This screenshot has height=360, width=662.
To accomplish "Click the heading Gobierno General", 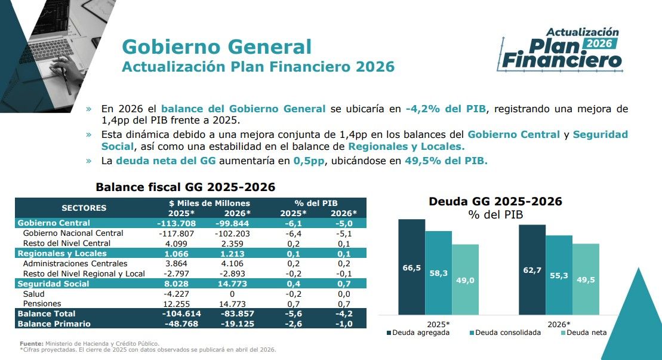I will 217,47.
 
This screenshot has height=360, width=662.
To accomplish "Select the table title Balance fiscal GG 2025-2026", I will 185,187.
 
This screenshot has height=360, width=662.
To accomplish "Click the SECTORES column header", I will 84,208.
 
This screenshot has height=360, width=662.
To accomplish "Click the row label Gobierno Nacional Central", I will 73,233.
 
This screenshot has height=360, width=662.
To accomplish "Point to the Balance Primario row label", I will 54,324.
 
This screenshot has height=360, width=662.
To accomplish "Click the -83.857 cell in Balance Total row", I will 233,313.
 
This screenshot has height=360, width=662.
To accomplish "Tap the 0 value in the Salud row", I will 233,294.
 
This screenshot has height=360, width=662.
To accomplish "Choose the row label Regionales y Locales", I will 62,253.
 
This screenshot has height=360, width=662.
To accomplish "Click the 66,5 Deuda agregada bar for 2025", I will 412,267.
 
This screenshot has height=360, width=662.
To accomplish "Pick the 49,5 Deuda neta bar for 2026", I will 586,279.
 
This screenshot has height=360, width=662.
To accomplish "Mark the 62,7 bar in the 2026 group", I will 532,269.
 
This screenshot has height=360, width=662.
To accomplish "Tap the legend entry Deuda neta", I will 584,333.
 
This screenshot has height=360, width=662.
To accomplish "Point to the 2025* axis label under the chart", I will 438,323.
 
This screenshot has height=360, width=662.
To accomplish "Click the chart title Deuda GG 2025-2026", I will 495,202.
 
